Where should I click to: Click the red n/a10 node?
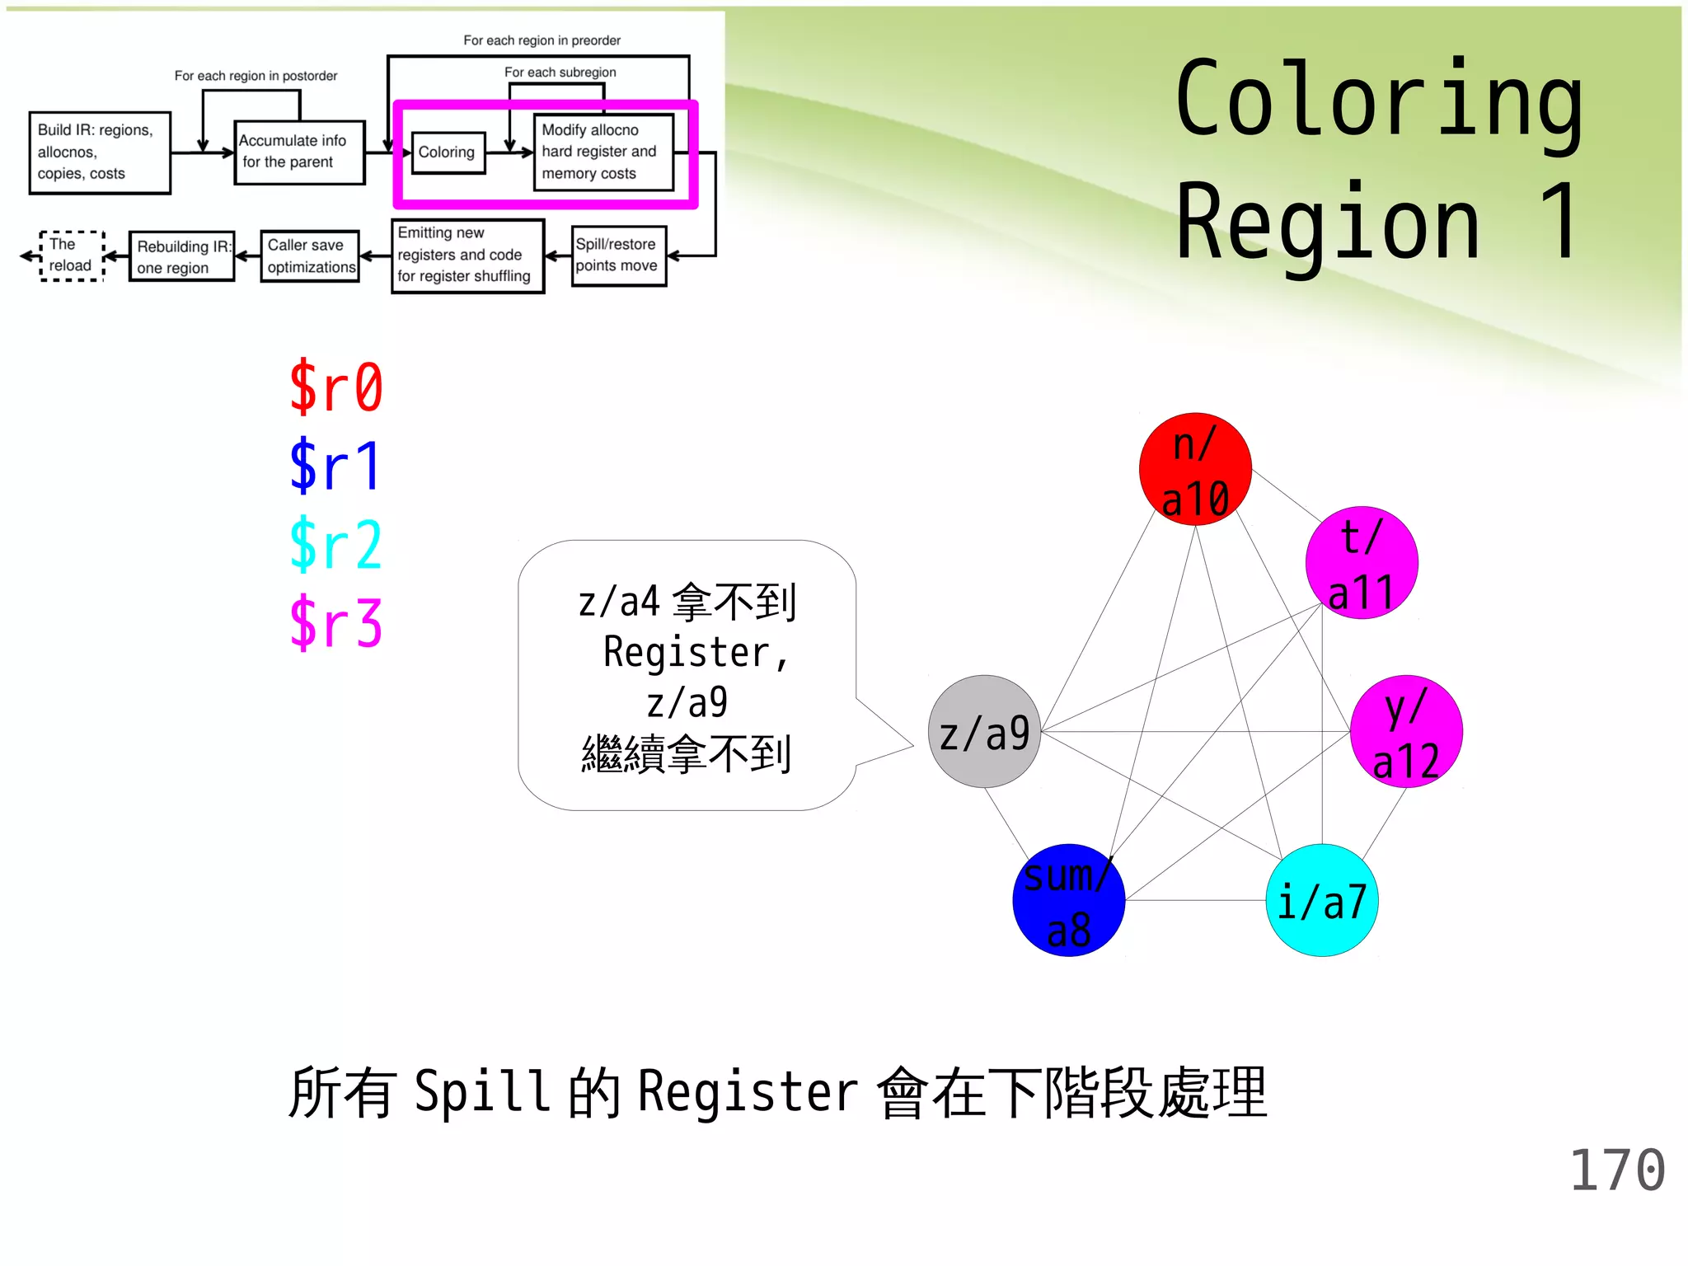coord(1195,469)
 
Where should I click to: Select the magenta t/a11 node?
coord(1362,563)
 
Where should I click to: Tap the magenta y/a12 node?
coord(1406,731)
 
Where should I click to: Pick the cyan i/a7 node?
coord(1322,900)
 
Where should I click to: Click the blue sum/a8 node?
coord(1069,900)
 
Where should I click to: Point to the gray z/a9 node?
coord(985,731)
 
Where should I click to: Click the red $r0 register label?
coord(336,387)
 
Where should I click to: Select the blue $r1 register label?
coord(335,466)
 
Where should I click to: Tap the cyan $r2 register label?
coord(336,544)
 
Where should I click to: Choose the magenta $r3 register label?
coord(336,623)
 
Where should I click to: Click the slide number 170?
coord(1617,1170)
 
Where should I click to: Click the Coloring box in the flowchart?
coord(448,152)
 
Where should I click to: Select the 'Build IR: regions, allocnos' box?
coord(100,152)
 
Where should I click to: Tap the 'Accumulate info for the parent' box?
coord(299,152)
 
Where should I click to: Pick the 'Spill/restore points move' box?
coord(618,256)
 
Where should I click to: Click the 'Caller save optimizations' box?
coord(310,256)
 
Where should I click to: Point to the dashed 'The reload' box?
coord(72,256)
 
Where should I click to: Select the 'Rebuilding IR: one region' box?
coord(181,257)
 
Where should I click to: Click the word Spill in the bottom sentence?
coord(482,1092)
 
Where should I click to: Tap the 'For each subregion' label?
coord(560,73)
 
